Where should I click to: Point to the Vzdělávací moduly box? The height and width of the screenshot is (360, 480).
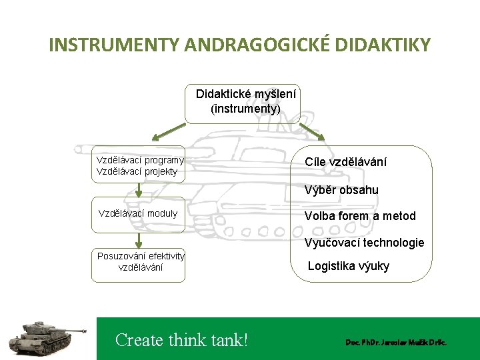[138, 214]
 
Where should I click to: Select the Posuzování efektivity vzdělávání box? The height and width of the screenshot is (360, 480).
[141, 262]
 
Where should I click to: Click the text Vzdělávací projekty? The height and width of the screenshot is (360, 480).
[137, 171]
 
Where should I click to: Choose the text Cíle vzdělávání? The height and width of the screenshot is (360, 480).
[345, 162]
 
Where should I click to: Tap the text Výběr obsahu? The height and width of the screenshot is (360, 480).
[341, 190]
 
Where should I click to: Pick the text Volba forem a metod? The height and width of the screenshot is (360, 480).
[360, 216]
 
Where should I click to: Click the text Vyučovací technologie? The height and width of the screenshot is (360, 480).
[364, 243]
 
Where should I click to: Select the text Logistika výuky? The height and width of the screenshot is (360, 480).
[349, 267]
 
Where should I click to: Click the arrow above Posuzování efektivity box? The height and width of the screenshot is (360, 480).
[139, 240]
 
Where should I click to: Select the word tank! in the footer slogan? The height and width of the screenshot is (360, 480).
[224, 340]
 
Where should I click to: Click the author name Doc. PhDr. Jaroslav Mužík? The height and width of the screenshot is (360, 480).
[395, 342]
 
